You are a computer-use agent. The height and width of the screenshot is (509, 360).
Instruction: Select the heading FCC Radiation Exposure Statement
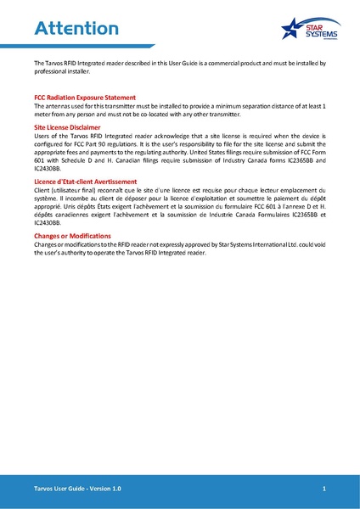[x=85, y=98]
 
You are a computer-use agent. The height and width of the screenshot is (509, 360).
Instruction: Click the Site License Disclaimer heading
[x=70, y=126]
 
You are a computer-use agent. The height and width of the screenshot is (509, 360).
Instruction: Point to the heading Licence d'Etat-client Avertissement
[x=85, y=182]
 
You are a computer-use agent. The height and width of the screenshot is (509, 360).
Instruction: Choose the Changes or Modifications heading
[x=72, y=236]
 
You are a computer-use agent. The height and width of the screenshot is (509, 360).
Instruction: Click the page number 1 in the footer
[x=324, y=490]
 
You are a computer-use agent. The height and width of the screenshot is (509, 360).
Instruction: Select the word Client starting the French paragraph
[x=42, y=190]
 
